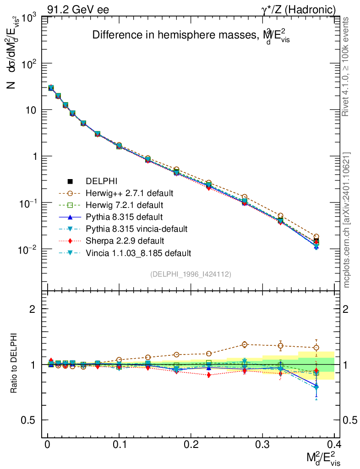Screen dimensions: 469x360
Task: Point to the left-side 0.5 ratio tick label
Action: [x=30, y=420]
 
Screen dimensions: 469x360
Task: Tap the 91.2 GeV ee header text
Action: [x=78, y=9]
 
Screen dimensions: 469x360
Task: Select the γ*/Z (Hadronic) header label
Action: [x=298, y=9]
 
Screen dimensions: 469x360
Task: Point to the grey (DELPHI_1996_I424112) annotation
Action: [x=191, y=274]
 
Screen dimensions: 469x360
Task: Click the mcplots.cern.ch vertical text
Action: [x=347, y=220]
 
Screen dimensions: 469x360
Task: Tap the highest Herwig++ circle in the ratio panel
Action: [x=245, y=344]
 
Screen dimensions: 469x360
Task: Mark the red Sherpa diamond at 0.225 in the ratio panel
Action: [x=209, y=375]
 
